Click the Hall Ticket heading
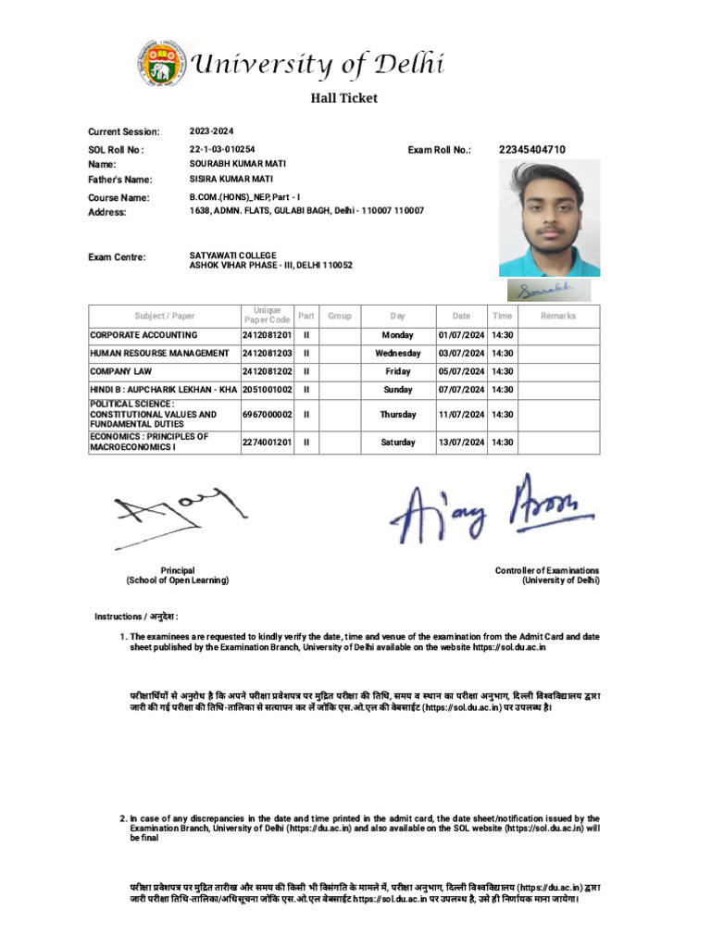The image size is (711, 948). point(343,98)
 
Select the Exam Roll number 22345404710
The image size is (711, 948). point(531,149)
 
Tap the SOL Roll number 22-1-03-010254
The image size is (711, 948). point(222,149)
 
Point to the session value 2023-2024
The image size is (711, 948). point(212,131)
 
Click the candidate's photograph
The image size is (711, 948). point(549,218)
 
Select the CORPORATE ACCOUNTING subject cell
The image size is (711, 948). point(143,335)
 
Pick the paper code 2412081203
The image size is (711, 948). point(267,354)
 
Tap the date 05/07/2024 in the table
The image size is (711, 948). point(461,371)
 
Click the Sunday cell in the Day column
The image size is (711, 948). point(397,390)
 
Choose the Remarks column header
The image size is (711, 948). point(558,316)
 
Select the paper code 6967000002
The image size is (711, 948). point(267,416)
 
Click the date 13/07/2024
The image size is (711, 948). point(461,443)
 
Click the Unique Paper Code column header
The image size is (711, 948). point(267,316)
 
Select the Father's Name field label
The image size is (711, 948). point(120,180)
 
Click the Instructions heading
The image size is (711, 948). point(136,617)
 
